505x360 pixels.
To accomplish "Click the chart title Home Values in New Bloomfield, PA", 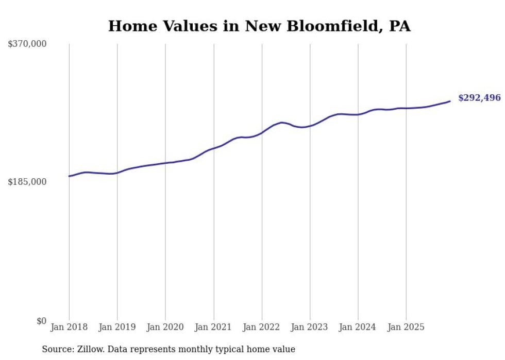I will click(259, 26).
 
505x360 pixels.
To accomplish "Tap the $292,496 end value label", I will click(479, 98).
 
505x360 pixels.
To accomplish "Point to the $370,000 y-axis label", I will click(27, 44).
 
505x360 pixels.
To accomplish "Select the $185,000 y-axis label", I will click(27, 182).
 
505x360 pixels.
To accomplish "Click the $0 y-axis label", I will click(41, 321).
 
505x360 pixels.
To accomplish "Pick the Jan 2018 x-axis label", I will click(69, 327).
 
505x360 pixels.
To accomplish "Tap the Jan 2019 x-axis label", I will click(117, 327).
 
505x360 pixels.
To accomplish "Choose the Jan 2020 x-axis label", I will click(165, 327).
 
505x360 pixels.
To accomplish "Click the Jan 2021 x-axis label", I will click(213, 327).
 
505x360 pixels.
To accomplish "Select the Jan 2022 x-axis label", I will click(262, 327).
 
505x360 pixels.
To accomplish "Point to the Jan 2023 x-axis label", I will click(310, 327).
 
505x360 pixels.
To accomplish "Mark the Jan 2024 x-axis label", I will click(358, 327).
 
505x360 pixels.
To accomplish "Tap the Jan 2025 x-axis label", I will click(406, 327).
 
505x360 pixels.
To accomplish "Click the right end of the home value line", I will click(450, 101).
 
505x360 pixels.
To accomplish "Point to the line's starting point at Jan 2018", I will click(69, 176).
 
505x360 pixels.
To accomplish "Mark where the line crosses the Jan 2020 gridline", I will click(165, 163).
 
